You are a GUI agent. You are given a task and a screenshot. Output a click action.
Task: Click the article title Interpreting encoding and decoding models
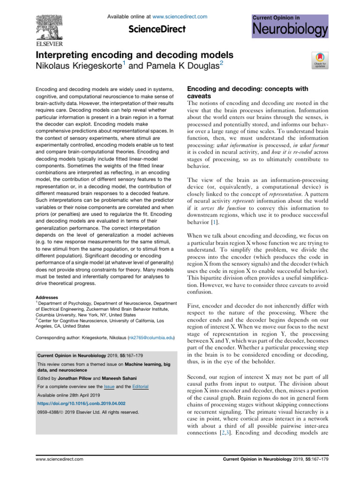(x=135, y=55)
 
